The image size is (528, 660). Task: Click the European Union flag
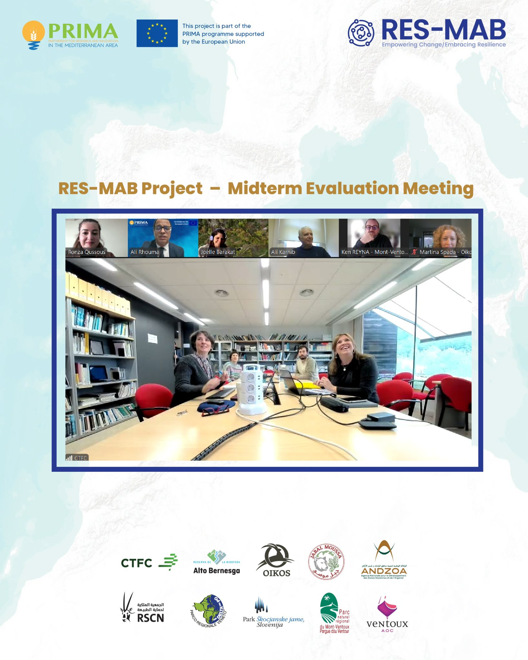pos(157,33)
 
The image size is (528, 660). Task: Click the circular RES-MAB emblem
pos(361,33)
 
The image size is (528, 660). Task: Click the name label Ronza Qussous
pos(87,252)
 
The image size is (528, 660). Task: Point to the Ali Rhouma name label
pos(144,252)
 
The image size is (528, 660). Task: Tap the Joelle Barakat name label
pos(218,252)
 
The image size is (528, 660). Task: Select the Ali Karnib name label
pos(283,252)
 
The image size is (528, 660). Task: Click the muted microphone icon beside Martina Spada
pos(415,252)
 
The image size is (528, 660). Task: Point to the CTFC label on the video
pos(77,458)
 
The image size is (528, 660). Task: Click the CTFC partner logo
pos(149,563)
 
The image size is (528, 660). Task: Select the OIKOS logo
pos(275,561)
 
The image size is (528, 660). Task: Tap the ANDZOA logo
pos(384,561)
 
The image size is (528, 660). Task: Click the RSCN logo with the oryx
pos(143,608)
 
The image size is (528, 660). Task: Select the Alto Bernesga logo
pos(217,563)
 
